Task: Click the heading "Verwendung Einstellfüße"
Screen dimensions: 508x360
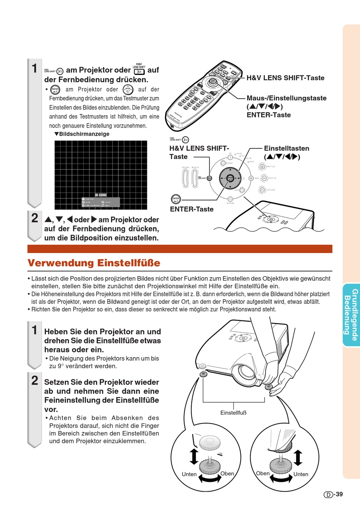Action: click(x=94, y=263)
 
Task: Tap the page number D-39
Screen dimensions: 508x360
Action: click(x=333, y=494)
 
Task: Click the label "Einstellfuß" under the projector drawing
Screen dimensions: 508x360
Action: click(x=233, y=413)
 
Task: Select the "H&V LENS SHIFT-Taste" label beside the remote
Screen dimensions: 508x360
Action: click(x=285, y=78)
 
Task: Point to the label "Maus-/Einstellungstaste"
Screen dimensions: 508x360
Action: click(x=286, y=98)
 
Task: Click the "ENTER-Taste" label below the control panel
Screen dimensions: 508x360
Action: click(x=192, y=209)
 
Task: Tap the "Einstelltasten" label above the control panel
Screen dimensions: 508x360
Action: click(x=286, y=148)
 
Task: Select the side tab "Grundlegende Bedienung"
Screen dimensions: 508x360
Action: click(x=351, y=315)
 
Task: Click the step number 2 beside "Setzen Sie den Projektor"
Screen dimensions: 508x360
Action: click(x=35, y=380)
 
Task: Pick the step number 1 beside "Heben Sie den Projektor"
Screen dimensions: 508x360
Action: click(x=35, y=330)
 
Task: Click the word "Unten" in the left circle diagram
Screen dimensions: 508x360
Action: click(x=189, y=474)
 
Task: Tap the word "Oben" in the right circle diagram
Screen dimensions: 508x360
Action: click(x=263, y=473)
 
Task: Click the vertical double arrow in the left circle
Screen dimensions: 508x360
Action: click(x=194, y=456)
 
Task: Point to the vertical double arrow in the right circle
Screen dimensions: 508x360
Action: click(x=298, y=458)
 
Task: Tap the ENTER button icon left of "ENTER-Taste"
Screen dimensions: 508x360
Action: click(x=176, y=199)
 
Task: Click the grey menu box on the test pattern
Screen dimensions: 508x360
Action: click(x=101, y=202)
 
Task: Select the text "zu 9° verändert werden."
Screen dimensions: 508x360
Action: click(x=83, y=366)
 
